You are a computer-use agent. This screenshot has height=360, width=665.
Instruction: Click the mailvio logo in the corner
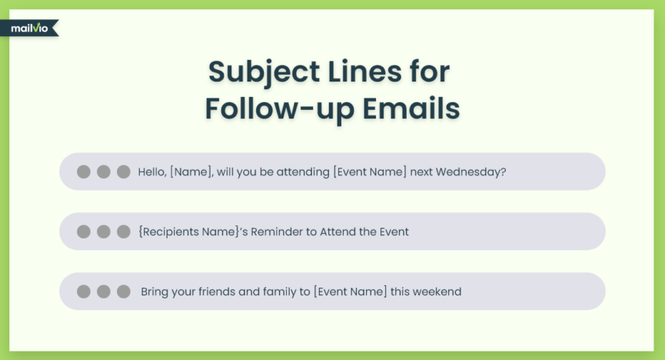(x=29, y=28)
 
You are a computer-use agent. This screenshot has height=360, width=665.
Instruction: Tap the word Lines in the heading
(x=364, y=72)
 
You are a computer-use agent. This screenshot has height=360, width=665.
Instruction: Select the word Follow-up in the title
(x=280, y=108)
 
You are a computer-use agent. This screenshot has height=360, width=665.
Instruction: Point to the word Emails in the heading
(x=411, y=108)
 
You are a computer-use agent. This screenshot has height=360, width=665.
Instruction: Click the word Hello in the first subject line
(x=151, y=172)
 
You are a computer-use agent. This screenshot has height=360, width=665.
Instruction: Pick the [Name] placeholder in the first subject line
(x=191, y=172)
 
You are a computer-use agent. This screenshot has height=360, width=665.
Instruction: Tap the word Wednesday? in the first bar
(x=470, y=172)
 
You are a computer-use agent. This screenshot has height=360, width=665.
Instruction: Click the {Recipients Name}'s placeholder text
(x=193, y=232)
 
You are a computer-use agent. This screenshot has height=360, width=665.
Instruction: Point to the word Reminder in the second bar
(x=277, y=232)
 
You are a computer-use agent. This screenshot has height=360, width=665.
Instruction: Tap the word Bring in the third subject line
(x=155, y=292)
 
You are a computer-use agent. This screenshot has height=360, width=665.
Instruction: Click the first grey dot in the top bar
(x=84, y=172)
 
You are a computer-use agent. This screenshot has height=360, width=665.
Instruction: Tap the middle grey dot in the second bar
(x=104, y=232)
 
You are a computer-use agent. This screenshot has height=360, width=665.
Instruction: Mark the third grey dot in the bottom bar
(x=124, y=292)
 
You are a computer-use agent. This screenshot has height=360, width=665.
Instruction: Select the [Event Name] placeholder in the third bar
(x=351, y=292)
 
